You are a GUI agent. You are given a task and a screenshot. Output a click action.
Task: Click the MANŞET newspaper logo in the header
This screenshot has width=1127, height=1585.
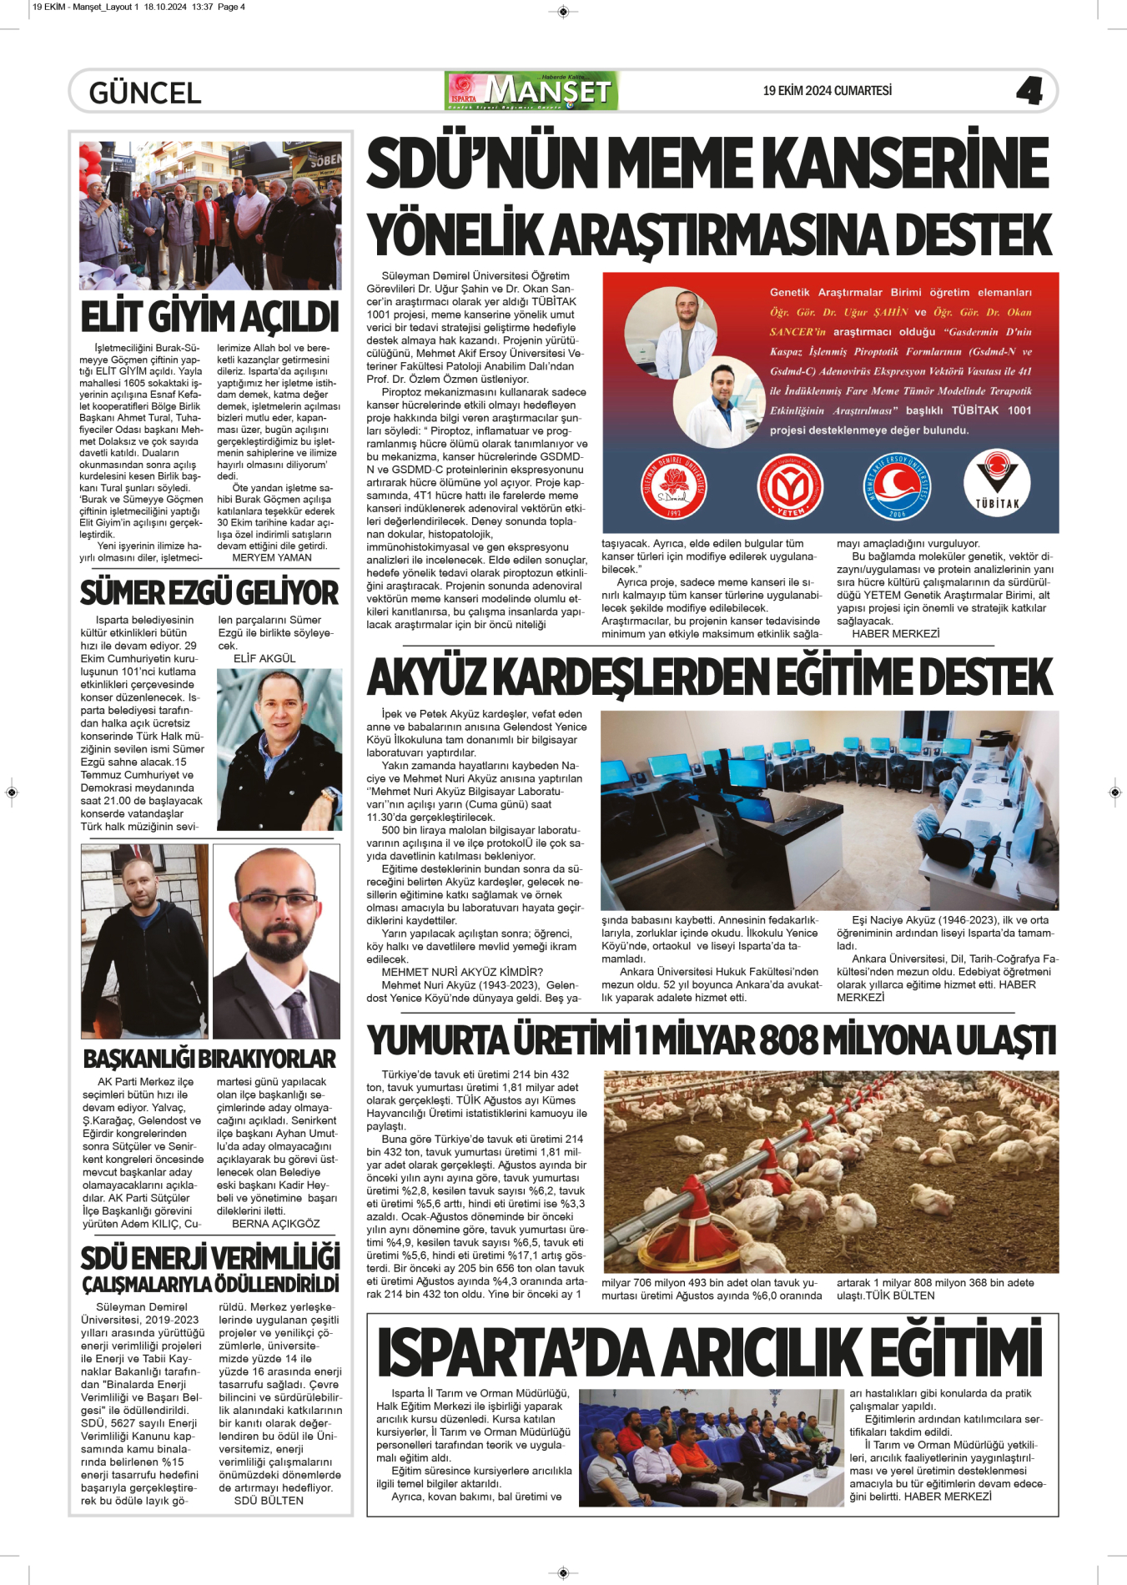pos(532,91)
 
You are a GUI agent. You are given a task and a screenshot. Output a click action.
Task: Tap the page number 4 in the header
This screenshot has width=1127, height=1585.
pos(1029,91)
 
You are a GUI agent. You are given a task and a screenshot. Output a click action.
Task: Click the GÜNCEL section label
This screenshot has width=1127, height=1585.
pos(145,93)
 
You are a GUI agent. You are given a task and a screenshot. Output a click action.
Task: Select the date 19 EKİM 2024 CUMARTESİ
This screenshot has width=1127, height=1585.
pos(827,91)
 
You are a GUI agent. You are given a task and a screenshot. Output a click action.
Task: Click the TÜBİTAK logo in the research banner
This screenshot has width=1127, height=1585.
pos(997,486)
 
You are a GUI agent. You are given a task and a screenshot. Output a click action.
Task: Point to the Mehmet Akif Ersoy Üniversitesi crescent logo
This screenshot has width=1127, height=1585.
pos(897,486)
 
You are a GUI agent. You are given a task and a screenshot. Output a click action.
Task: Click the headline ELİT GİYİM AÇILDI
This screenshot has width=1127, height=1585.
pos(209,318)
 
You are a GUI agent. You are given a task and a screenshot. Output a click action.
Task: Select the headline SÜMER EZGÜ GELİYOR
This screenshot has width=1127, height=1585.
pos(209,593)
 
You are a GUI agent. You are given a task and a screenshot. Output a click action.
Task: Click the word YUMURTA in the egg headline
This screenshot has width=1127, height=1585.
pos(439,1041)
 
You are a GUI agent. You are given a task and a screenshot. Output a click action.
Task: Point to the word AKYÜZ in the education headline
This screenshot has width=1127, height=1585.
pos(428,677)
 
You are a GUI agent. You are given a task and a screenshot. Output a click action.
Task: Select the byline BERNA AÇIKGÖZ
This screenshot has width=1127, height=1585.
pos(275,1224)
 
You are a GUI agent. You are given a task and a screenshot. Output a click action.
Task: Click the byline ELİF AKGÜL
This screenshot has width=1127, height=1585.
pos(264,658)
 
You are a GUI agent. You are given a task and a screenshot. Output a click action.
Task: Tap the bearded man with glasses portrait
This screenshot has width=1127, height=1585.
pos(276,941)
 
